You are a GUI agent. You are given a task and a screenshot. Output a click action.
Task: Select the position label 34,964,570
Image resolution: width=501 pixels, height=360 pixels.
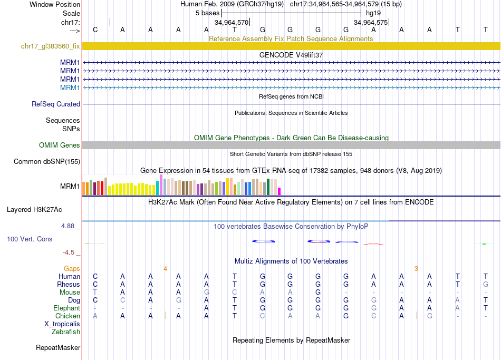click(231, 23)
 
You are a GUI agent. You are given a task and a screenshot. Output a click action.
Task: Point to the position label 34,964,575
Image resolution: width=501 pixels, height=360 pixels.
click(371, 23)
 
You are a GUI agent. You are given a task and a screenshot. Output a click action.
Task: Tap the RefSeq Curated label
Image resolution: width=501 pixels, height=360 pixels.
click(56, 104)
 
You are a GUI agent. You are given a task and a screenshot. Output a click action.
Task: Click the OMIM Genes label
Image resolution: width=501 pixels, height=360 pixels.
click(60, 145)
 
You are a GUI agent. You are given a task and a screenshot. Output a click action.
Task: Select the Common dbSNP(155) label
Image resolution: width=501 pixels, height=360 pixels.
click(47, 162)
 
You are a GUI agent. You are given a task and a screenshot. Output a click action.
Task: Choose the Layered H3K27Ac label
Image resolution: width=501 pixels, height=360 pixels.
click(34, 210)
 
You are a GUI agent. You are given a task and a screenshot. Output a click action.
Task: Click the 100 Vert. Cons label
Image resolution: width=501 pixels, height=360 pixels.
click(30, 239)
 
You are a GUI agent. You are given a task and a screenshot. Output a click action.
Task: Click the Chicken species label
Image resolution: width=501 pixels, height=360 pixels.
click(68, 316)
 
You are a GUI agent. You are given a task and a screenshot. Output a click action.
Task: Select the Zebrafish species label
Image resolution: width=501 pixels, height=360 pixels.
click(66, 332)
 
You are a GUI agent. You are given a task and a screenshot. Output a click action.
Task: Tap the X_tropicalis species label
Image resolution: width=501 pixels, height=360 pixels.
click(62, 324)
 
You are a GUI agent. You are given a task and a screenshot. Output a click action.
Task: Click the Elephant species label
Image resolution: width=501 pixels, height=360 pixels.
click(66, 308)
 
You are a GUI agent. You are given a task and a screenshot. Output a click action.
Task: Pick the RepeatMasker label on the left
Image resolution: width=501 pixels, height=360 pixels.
click(58, 348)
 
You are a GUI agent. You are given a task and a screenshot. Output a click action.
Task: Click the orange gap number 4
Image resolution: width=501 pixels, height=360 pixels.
click(165, 269)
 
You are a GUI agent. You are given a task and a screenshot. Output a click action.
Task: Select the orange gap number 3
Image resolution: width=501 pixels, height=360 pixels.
click(416, 269)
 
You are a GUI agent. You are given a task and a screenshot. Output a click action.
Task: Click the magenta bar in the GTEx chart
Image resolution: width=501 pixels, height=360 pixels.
click(280, 191)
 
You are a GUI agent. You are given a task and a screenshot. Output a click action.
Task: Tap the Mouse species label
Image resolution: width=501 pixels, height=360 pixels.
click(70, 293)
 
